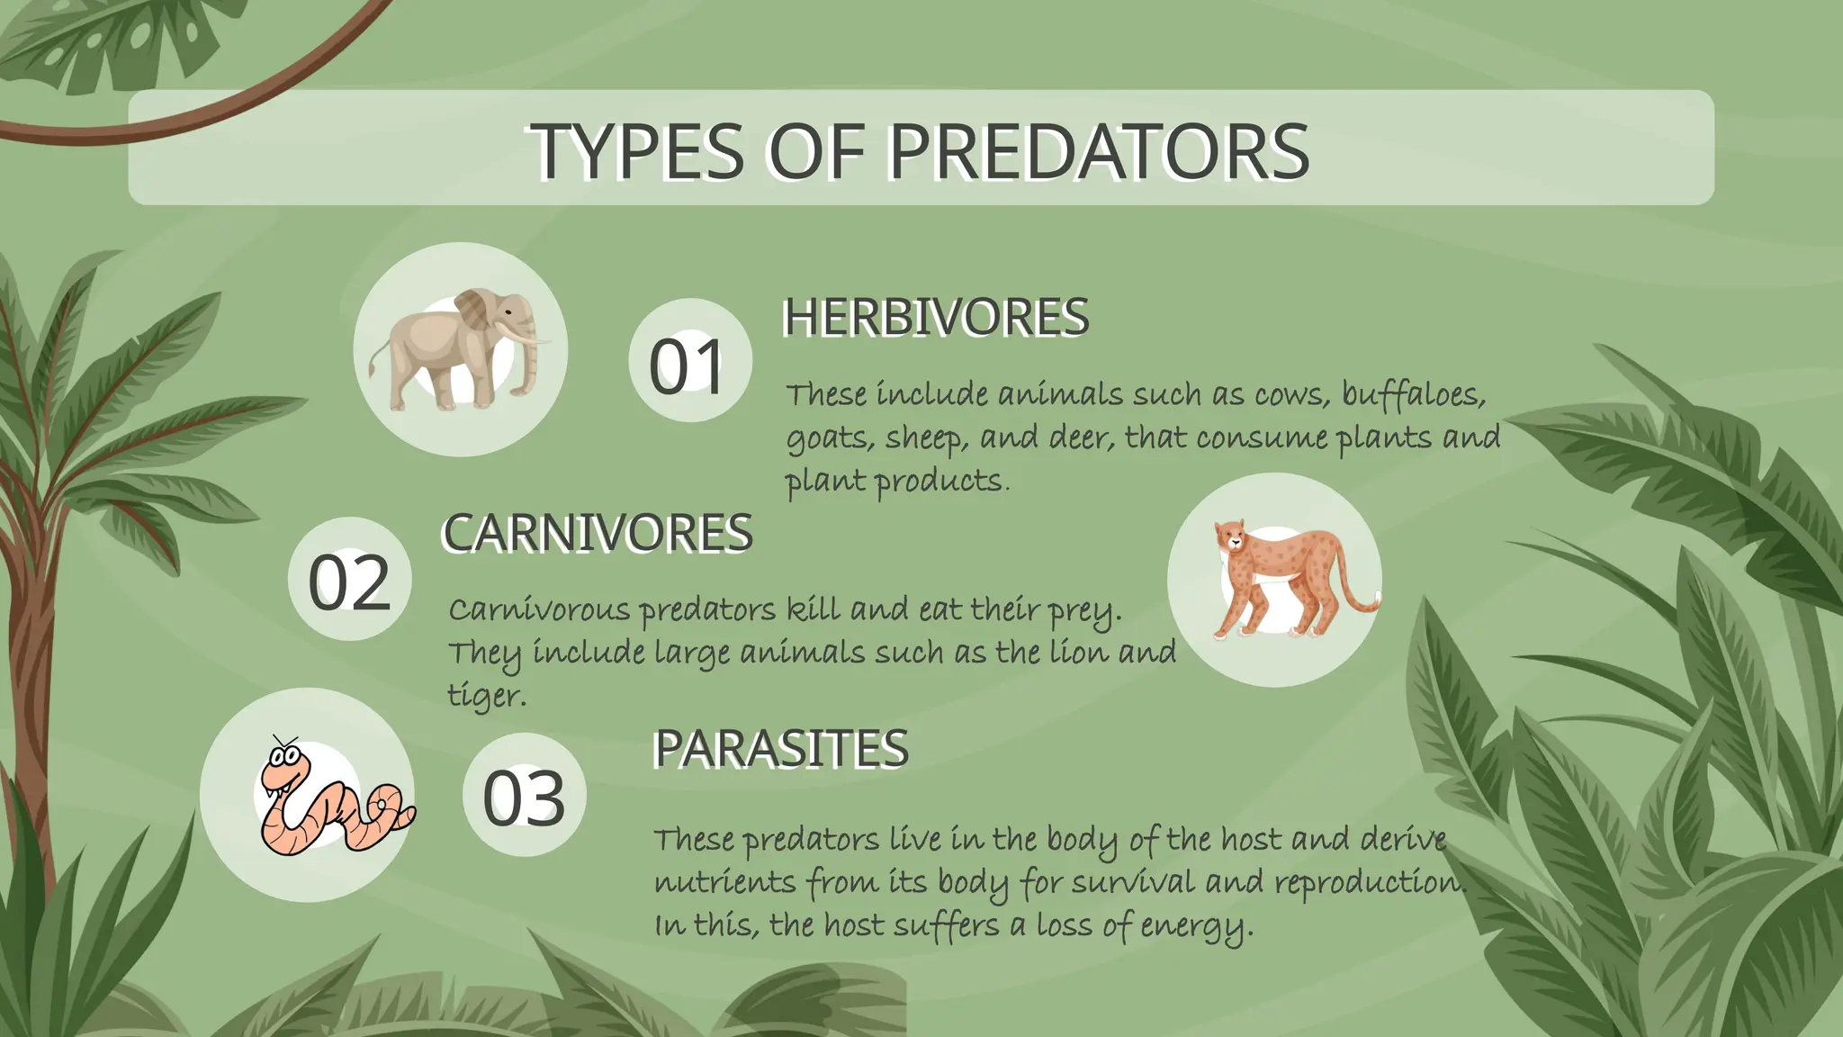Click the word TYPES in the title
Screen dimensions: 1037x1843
[635, 151]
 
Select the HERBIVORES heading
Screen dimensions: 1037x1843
[936, 317]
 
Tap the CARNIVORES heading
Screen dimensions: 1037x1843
[597, 532]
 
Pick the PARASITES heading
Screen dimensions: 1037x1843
[780, 748]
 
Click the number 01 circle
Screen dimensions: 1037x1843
[689, 362]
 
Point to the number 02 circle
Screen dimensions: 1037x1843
[349, 580]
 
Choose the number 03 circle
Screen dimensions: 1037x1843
[525, 796]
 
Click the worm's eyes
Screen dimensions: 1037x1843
[284, 757]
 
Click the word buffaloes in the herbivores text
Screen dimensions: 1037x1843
[1412, 394]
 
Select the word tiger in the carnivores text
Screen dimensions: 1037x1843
[486, 695]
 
